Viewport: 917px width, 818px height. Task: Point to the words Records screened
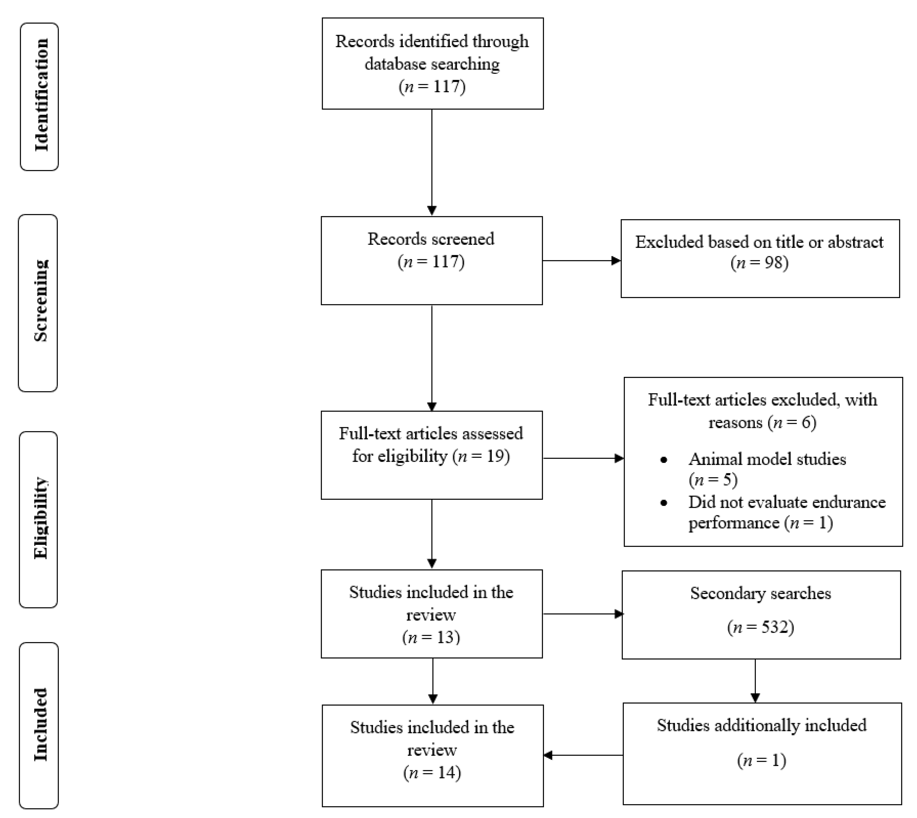[x=431, y=239]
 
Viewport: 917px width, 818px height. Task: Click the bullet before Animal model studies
[x=664, y=460]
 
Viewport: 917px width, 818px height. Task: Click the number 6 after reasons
[x=806, y=423]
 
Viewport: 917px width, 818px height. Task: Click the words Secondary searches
[x=761, y=593]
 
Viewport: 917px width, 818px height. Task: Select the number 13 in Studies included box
[x=445, y=637]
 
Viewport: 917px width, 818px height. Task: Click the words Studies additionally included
[x=761, y=725]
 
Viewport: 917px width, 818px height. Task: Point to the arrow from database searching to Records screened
[x=431, y=162]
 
